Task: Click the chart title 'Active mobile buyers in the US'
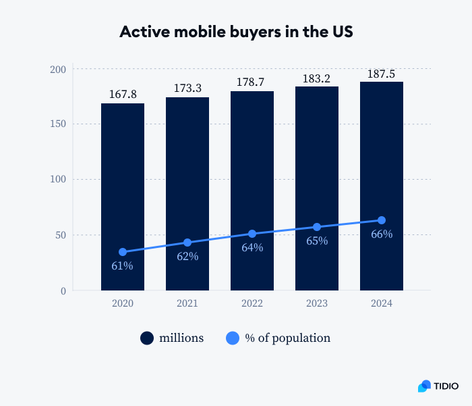tap(236, 32)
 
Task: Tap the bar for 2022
tap(252, 169)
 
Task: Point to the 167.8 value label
tap(123, 95)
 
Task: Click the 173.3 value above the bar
tap(187, 88)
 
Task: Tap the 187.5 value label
tap(382, 73)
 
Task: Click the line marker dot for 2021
tap(187, 243)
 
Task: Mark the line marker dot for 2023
tap(317, 227)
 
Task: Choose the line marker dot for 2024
tap(382, 220)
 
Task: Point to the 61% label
tap(123, 265)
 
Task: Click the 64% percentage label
tap(252, 247)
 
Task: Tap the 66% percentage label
tap(382, 234)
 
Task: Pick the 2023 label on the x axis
tap(317, 303)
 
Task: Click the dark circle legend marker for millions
tap(147, 338)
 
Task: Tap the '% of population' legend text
tap(287, 338)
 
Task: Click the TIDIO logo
tap(438, 386)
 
